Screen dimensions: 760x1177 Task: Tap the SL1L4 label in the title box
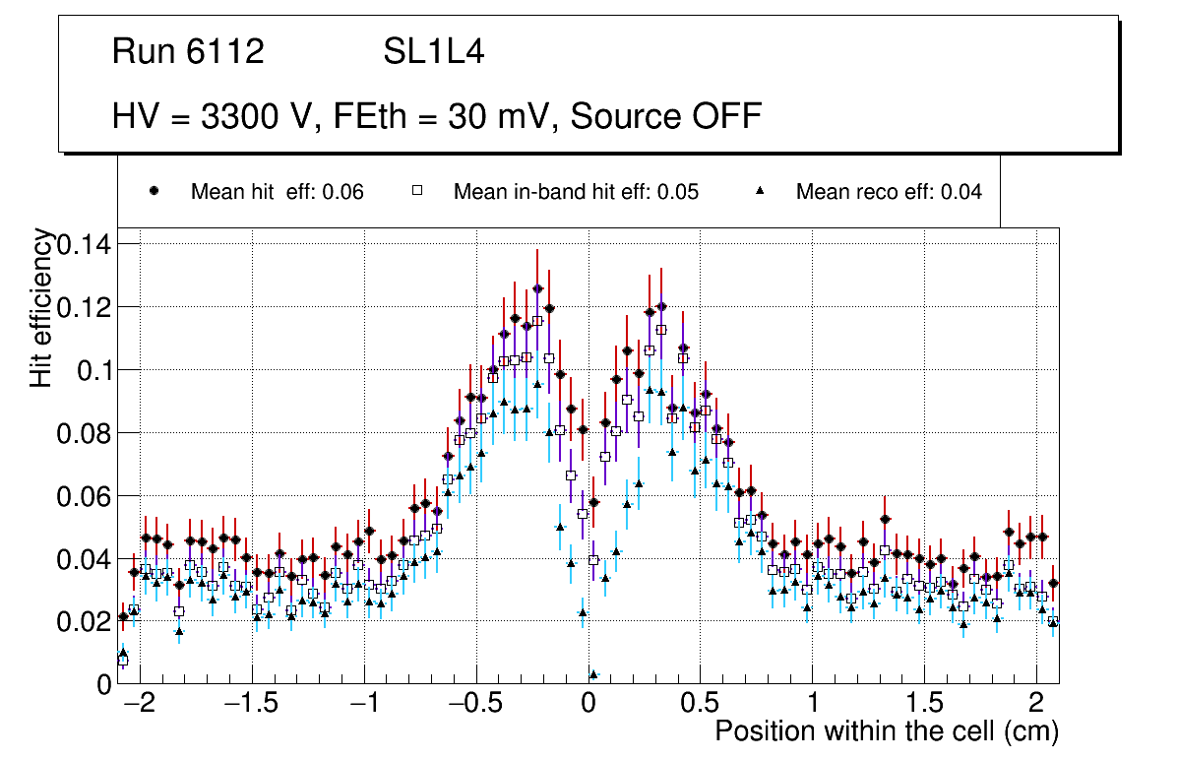(x=433, y=52)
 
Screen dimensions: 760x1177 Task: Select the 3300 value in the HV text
(x=239, y=117)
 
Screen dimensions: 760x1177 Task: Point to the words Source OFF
(x=666, y=117)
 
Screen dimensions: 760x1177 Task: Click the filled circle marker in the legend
(x=154, y=192)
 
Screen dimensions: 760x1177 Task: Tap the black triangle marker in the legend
(x=760, y=192)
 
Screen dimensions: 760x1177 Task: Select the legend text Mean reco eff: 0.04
(x=889, y=192)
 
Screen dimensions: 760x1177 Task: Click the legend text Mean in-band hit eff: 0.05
(x=576, y=192)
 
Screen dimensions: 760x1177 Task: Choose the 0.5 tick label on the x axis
(x=701, y=706)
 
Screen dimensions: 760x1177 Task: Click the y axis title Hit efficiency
(x=41, y=307)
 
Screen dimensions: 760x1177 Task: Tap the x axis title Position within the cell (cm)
(x=886, y=732)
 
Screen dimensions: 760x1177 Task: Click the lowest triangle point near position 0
(x=593, y=674)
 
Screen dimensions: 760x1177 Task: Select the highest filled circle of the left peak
(x=537, y=288)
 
